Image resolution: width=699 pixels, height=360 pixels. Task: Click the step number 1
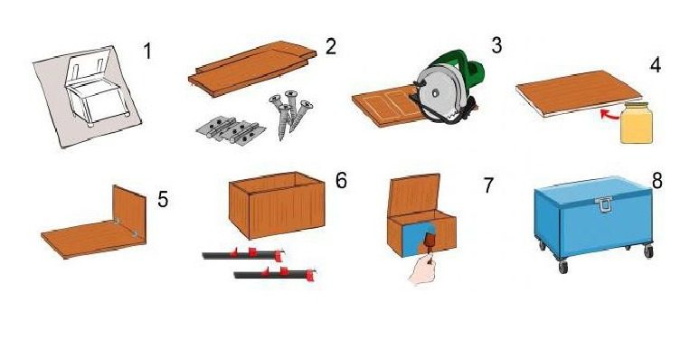click(148, 51)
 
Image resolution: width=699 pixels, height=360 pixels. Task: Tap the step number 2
click(330, 46)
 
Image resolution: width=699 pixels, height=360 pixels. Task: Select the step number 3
click(496, 45)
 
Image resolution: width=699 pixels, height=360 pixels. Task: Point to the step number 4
click(655, 65)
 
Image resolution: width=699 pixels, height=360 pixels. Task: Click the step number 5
click(163, 199)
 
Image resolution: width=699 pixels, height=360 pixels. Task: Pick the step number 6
click(341, 181)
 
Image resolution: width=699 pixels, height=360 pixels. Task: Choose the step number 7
click(489, 185)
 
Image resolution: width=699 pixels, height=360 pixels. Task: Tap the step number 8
click(657, 181)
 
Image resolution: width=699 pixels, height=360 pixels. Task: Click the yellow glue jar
click(637, 123)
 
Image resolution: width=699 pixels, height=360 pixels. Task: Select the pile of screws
click(290, 113)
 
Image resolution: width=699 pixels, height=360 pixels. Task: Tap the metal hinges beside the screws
click(231, 130)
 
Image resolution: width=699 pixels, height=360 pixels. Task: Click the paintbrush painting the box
click(430, 247)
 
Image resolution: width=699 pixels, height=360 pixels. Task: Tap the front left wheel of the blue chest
click(563, 266)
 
